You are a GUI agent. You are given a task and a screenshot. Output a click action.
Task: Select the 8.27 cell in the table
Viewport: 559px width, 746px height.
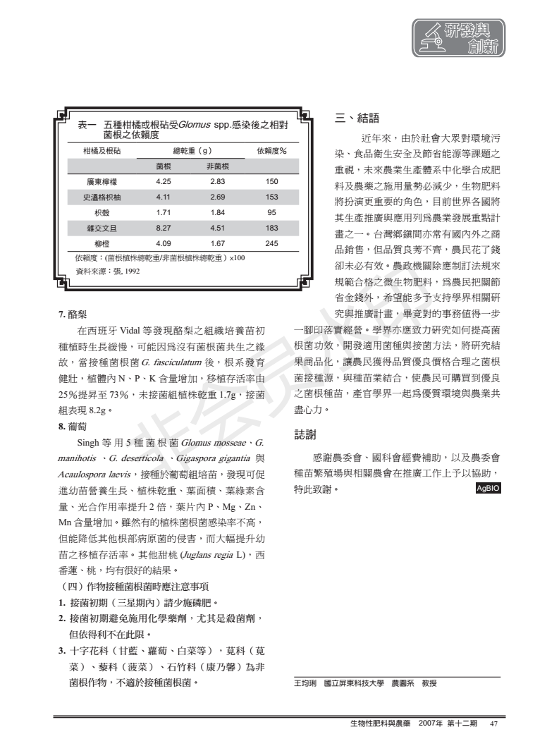click(163, 228)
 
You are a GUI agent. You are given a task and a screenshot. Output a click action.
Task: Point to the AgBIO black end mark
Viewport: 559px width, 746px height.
click(486, 488)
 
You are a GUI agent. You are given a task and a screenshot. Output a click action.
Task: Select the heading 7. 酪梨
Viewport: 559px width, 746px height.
click(73, 314)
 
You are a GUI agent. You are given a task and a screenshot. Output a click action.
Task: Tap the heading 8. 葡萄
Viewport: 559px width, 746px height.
click(73, 426)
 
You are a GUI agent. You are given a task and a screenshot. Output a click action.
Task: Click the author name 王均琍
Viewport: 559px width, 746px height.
click(305, 683)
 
